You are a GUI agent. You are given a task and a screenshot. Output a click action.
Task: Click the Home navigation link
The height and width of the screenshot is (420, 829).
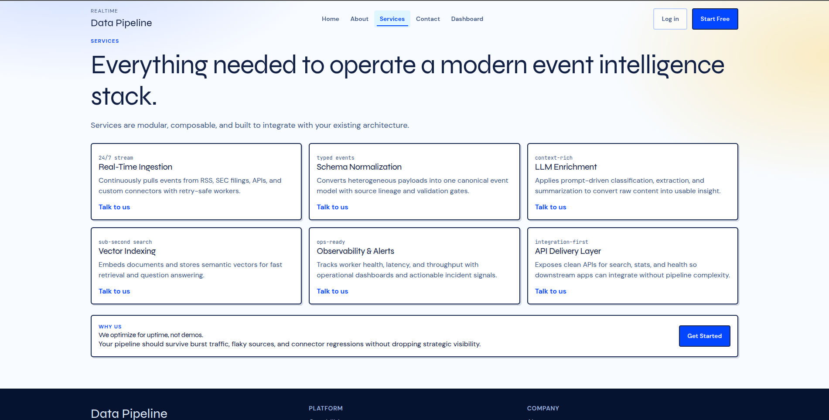[x=330, y=19]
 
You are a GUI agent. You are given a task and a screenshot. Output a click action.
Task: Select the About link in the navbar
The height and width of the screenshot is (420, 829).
[x=359, y=19]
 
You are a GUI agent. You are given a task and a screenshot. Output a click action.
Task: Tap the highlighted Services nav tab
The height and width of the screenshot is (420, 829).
[x=392, y=19]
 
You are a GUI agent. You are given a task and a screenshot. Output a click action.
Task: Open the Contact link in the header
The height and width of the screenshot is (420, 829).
[x=428, y=19]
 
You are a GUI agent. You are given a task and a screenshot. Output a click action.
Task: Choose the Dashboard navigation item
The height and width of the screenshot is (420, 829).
[x=467, y=19]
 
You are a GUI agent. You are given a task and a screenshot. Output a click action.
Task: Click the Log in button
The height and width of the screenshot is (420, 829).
[x=670, y=19]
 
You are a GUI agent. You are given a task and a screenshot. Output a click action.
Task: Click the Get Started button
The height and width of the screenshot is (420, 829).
[x=704, y=336]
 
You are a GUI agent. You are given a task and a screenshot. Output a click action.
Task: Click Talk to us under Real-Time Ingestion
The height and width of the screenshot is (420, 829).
[x=114, y=207]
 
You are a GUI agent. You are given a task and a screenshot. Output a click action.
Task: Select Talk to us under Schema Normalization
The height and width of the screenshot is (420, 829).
[x=332, y=207]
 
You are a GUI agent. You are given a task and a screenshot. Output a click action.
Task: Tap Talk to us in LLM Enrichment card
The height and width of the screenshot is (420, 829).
[x=550, y=207]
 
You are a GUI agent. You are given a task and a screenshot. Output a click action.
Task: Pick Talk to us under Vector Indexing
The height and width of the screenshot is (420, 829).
[x=114, y=291]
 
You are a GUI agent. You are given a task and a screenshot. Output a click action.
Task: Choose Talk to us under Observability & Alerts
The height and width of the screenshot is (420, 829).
[x=332, y=291]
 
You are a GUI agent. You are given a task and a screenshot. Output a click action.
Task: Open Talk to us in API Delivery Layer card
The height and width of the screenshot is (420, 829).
[x=550, y=291]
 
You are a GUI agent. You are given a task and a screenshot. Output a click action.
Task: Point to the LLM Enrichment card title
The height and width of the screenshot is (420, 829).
[x=566, y=167]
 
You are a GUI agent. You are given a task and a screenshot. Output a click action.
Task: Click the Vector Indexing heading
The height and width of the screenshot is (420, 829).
[x=127, y=251]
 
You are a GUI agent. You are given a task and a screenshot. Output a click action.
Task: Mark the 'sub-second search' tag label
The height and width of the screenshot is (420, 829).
[x=125, y=242]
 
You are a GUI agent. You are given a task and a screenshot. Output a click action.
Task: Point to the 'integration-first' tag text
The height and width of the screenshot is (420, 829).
[x=561, y=242]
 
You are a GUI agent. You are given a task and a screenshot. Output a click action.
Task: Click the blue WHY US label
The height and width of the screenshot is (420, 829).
[x=110, y=327]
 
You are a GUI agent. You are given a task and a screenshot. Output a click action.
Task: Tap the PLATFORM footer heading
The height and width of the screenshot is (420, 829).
[x=325, y=408]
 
